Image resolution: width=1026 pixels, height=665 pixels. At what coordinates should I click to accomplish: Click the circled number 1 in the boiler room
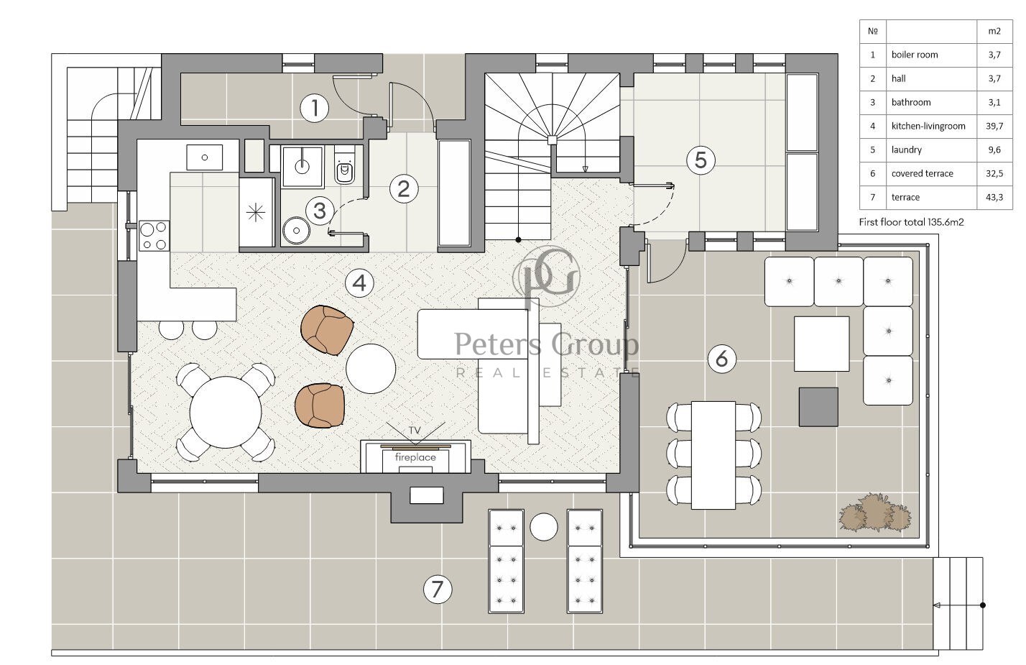314,108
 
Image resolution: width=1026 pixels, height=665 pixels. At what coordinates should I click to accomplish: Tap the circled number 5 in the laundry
701,160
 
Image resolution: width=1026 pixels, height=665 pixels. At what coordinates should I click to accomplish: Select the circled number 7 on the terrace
438,589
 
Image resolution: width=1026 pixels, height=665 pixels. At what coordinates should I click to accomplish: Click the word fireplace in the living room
415,457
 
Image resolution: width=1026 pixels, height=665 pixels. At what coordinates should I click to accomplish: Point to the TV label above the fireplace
415,431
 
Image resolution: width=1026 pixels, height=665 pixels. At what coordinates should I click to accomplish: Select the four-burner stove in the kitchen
154,236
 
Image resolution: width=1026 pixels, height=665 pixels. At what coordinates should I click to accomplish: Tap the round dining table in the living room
226,412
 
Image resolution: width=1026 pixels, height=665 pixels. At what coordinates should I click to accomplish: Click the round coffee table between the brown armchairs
371,369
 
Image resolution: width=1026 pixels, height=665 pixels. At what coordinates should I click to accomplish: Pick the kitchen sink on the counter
204,157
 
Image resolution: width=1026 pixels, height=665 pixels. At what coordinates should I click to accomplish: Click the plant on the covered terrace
875,513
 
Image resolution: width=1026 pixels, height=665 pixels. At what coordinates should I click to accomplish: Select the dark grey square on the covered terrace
818,407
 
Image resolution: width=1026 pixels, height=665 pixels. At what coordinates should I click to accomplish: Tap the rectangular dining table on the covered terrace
713,455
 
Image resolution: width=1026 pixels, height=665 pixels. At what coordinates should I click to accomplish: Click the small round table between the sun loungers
544,526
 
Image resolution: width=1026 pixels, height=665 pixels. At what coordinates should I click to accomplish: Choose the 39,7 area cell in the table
994,126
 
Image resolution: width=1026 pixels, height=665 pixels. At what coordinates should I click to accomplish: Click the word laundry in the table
907,150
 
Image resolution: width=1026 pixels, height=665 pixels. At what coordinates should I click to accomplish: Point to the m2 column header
994,31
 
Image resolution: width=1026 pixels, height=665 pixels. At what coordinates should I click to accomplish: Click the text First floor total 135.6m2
912,222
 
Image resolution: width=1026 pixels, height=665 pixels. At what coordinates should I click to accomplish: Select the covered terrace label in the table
922,174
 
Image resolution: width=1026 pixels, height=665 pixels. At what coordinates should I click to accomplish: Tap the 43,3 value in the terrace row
994,198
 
